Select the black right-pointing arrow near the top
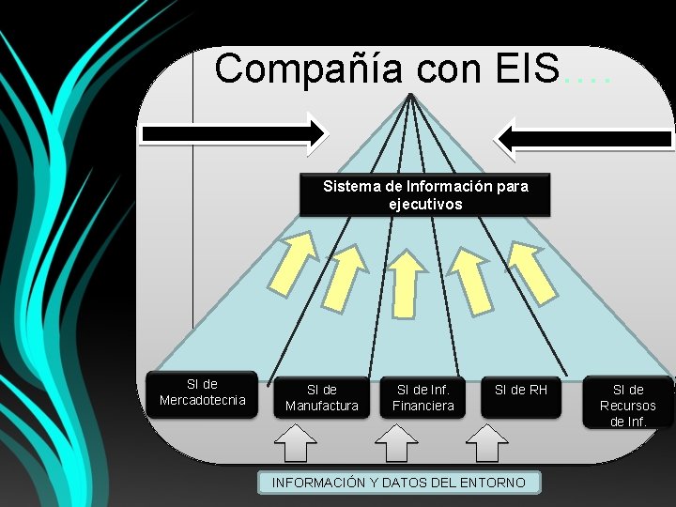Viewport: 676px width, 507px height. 234,134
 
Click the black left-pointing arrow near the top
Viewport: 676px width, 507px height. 583,139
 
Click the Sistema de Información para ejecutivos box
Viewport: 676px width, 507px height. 425,194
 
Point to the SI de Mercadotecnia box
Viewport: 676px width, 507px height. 202,392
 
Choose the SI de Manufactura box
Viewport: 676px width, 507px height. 321,397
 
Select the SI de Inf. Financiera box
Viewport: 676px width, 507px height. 423,397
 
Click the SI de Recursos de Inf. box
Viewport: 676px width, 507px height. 628,404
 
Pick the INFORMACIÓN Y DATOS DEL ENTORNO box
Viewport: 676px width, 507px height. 400,483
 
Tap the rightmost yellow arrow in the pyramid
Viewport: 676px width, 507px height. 531,267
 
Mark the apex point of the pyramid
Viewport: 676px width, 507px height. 411,96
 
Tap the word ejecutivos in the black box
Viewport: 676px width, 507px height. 425,204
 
